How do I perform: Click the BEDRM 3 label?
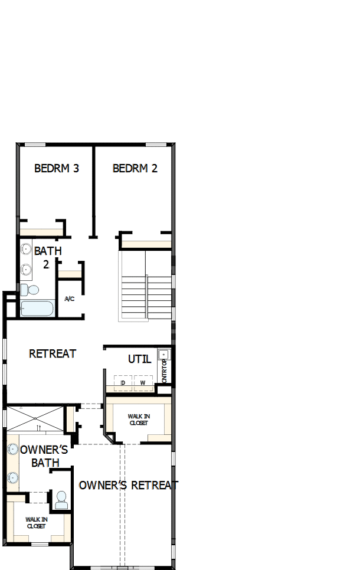click(57, 168)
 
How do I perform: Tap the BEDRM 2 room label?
click(135, 168)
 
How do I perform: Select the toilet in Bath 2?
click(30, 290)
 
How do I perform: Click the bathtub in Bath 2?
click(37, 309)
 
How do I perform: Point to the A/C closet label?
click(70, 299)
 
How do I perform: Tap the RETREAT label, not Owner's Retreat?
click(53, 353)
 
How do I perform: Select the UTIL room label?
click(140, 359)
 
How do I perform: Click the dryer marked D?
click(123, 383)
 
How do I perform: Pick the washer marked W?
click(143, 383)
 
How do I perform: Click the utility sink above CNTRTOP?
click(164, 355)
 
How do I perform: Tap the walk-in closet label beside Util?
click(139, 420)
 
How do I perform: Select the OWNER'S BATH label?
click(45, 456)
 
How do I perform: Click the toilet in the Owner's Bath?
click(61, 501)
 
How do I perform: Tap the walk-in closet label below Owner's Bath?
click(36, 523)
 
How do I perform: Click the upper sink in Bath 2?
click(27, 249)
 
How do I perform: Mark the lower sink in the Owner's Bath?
click(13, 477)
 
